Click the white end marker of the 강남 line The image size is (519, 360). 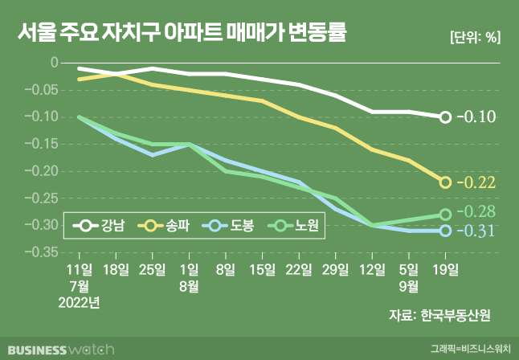445,117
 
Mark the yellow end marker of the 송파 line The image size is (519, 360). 445,182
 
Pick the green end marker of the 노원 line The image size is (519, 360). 445,215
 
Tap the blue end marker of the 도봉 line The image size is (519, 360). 445,231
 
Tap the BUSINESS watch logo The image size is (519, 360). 58,349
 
